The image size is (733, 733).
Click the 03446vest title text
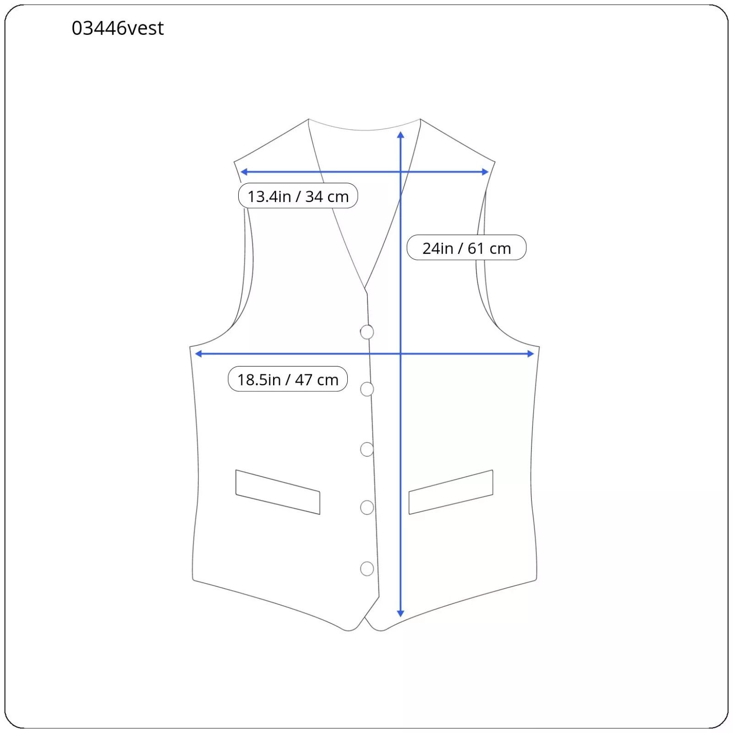click(x=118, y=28)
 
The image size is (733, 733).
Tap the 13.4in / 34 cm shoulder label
click(x=298, y=196)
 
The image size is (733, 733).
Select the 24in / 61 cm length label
click(x=466, y=248)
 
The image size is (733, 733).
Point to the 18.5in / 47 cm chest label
click(x=288, y=379)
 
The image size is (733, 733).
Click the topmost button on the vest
click(x=367, y=332)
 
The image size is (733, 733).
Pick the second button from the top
click(x=367, y=389)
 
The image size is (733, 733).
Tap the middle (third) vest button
click(x=367, y=449)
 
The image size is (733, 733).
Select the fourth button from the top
click(x=367, y=508)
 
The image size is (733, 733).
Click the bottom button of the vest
click(x=367, y=569)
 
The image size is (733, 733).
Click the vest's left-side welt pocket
click(x=278, y=492)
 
